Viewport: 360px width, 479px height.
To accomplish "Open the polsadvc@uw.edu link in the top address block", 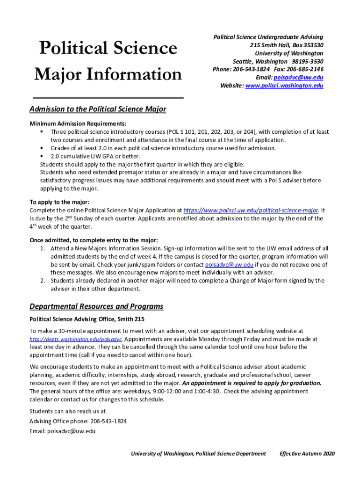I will [x=298, y=78].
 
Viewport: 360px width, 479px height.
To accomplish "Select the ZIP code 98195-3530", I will [x=307, y=62].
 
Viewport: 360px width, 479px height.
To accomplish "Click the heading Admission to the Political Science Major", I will [x=98, y=109].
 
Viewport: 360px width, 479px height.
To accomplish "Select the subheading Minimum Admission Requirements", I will [x=78, y=124].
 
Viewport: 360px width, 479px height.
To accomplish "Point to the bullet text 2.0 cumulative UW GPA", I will [x=88, y=156].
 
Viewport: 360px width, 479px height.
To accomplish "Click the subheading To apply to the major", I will [x=59, y=202].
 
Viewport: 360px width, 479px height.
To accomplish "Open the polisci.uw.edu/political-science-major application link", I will [x=251, y=210].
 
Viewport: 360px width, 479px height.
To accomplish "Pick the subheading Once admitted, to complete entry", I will [x=94, y=240].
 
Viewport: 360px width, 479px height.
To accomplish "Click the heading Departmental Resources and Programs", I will [x=96, y=307].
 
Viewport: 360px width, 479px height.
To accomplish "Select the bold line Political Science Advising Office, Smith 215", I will [x=87, y=319].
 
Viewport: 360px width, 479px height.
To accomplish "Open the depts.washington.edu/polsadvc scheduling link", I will [x=76, y=339].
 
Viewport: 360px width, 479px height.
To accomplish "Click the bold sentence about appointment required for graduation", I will [x=252, y=383].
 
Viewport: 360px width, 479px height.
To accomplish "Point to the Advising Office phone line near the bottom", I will [x=78, y=421].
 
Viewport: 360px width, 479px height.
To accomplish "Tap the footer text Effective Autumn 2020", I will [x=307, y=454].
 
